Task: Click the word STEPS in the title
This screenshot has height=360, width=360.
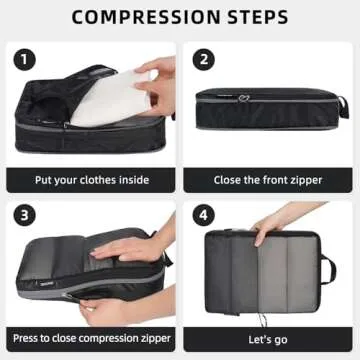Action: pos(255,17)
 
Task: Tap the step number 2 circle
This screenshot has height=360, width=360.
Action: pos(204,59)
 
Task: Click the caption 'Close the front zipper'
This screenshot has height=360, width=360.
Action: pos(267,181)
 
